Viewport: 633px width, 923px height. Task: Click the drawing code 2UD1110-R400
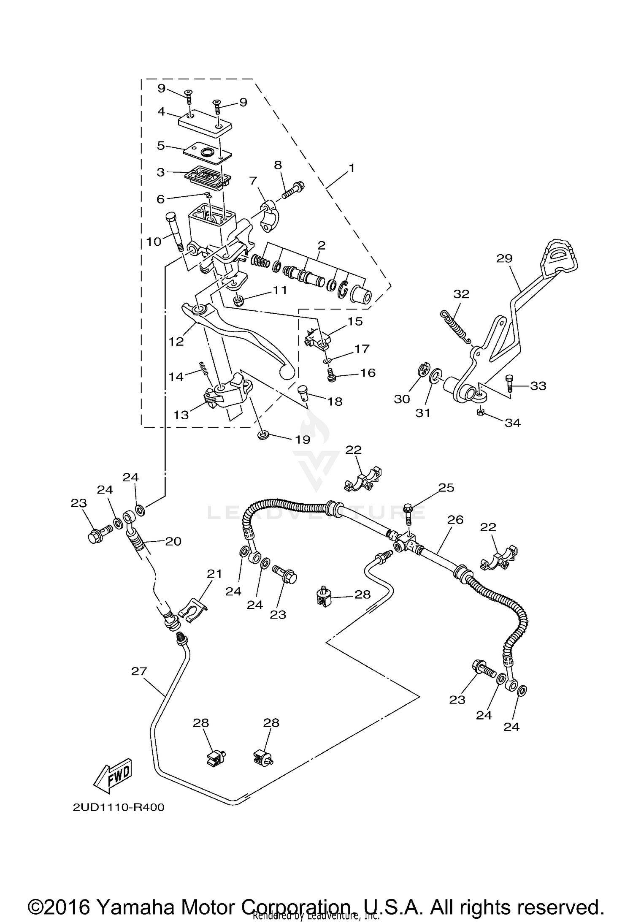pyautogui.click(x=118, y=807)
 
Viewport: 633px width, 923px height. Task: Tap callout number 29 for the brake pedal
pyautogui.click(x=504, y=258)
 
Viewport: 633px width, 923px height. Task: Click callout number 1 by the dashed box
pyautogui.click(x=351, y=168)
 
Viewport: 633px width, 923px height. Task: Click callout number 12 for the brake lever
pyautogui.click(x=176, y=341)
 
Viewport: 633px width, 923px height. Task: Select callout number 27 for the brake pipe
pyautogui.click(x=139, y=671)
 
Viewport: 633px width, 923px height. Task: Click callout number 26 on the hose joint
pyautogui.click(x=456, y=520)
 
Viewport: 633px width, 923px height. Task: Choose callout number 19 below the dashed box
pyautogui.click(x=303, y=440)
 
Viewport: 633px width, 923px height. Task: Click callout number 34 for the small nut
pyautogui.click(x=513, y=422)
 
